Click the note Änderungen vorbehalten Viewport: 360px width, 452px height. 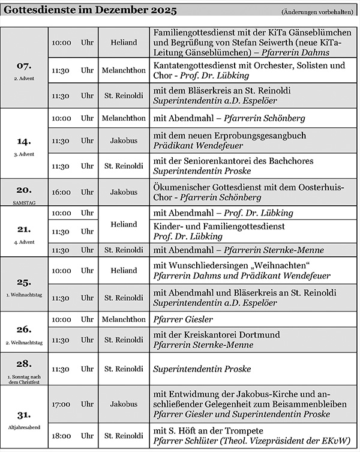(316, 13)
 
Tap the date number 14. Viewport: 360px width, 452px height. (25, 142)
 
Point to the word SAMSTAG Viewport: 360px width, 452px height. (25, 203)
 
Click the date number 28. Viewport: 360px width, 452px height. (25, 363)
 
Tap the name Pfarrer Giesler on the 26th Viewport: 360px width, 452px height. (179, 319)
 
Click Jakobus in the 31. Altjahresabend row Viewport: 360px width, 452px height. (124, 404)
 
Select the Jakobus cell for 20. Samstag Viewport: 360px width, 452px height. (124, 193)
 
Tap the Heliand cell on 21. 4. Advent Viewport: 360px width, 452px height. (124, 224)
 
